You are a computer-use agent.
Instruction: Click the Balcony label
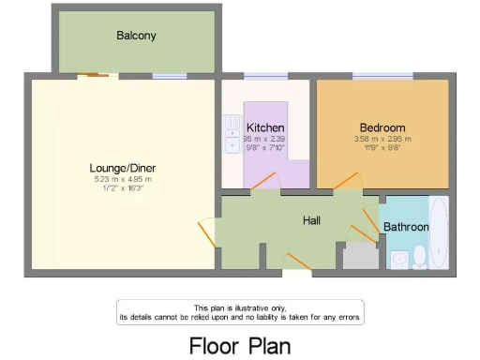click(x=136, y=36)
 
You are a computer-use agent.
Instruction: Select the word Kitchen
click(x=265, y=127)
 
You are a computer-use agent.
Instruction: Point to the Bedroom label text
click(x=382, y=127)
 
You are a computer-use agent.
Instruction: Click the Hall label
click(x=312, y=220)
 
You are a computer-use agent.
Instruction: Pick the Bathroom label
click(x=406, y=227)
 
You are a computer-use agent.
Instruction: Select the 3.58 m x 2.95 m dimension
click(x=382, y=139)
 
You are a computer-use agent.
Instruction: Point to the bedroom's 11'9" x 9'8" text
click(x=382, y=147)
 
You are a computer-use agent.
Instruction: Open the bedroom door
click(x=346, y=181)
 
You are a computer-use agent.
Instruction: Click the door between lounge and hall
click(x=207, y=234)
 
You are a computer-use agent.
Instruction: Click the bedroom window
click(x=382, y=76)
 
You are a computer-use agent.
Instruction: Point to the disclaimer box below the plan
click(x=240, y=312)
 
